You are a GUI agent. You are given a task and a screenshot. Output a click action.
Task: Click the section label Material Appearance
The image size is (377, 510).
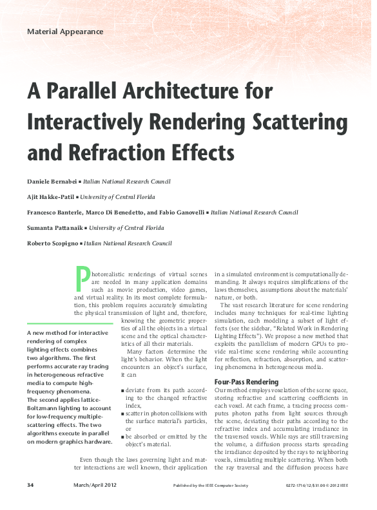[65, 31]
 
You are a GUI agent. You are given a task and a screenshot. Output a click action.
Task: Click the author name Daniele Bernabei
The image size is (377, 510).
[50, 182]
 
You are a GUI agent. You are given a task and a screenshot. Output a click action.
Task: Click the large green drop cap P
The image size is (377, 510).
[82, 278]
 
